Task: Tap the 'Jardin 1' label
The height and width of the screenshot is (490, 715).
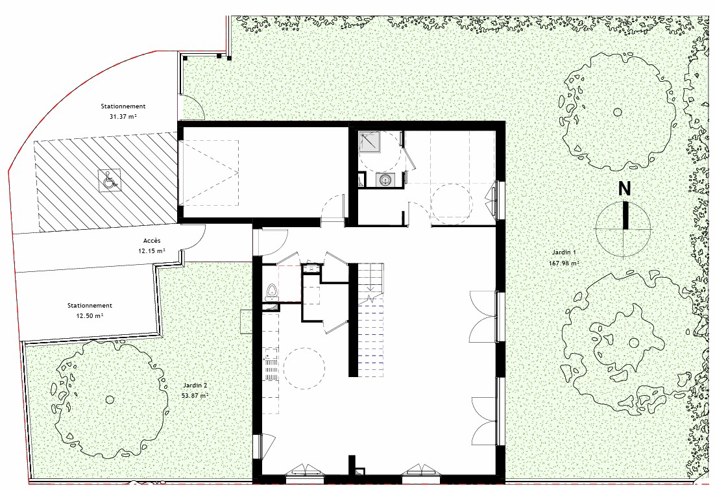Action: pos(564,252)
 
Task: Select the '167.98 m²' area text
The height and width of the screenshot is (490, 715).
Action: pos(564,263)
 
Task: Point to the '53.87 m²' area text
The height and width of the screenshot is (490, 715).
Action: pos(195,395)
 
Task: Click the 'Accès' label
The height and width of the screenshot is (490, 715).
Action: pos(152,240)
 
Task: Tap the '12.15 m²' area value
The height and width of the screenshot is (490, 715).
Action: pos(152,251)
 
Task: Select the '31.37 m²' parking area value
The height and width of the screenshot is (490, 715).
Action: pos(123,116)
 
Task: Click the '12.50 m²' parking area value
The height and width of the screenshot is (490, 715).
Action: pos(90,315)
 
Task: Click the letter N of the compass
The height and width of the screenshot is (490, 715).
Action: pos(624,188)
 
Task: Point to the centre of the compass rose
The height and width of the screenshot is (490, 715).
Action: pos(624,229)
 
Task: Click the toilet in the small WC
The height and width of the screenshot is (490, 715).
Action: pos(272,292)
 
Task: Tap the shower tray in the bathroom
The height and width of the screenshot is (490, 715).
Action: pos(369,141)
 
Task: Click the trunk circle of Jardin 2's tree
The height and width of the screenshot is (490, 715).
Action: pos(110,400)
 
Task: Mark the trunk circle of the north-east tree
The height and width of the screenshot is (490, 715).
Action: pos(618,112)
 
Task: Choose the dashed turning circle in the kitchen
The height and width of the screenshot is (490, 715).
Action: pos(304,368)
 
